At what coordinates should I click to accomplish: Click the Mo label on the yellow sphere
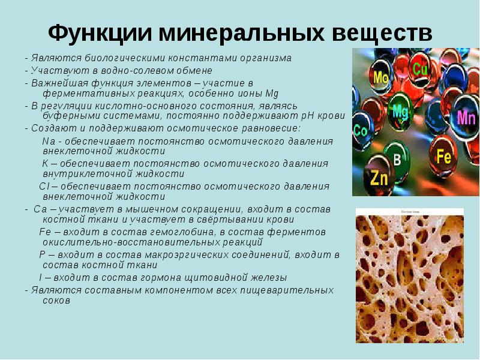coord(381,77)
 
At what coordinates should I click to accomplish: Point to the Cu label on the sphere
coord(420,68)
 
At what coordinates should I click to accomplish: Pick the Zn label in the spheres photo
coord(379,178)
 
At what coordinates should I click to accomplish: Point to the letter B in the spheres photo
coord(397,159)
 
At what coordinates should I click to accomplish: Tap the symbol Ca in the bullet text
coord(41,209)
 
